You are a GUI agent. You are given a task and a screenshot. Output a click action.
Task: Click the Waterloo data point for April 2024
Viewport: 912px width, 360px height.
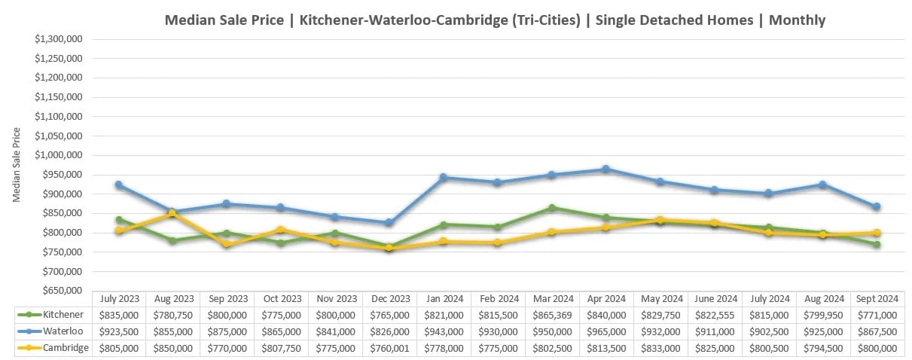pos(605,169)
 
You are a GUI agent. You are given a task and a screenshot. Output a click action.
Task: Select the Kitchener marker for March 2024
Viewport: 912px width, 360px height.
pos(551,208)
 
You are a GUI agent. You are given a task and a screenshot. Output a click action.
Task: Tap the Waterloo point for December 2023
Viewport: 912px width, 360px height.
pos(389,223)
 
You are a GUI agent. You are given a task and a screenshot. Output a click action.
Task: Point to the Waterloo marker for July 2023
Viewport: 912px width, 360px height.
pos(119,185)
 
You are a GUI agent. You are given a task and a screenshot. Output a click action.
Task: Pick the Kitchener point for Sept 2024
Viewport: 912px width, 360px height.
pos(876,244)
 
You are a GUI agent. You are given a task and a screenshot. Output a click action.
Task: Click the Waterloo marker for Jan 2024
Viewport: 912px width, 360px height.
pos(444,178)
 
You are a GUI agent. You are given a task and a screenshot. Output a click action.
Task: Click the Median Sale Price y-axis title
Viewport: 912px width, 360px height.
pos(17,165)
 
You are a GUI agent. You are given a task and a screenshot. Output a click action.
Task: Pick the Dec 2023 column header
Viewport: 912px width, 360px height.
pos(389,298)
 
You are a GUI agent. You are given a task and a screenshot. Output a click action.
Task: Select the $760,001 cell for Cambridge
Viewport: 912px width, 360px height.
pos(389,348)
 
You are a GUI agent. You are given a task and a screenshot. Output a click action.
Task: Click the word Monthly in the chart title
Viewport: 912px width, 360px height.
pos(797,20)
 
